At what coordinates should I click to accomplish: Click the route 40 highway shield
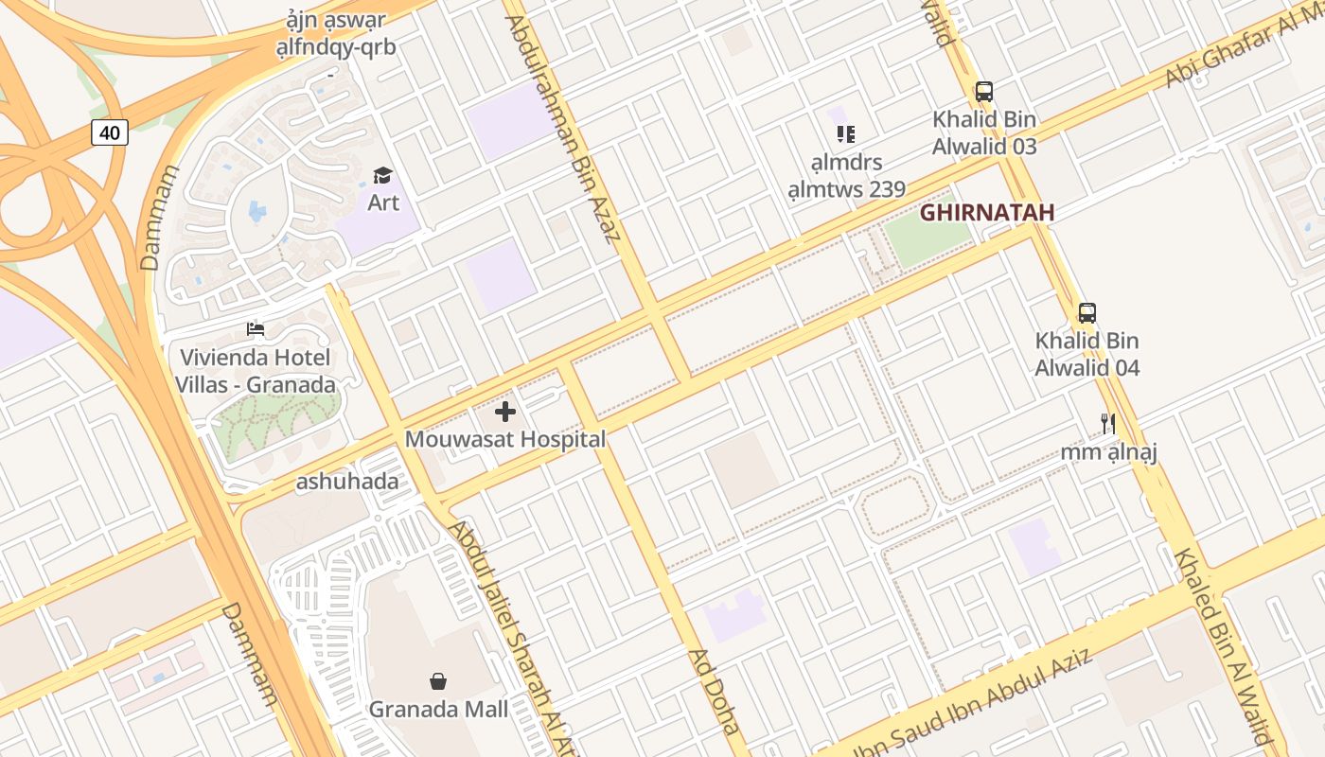coord(110,132)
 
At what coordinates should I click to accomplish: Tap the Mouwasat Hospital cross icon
coord(505,412)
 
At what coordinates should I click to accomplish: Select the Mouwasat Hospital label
coord(505,439)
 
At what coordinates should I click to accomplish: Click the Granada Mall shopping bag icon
coord(438,681)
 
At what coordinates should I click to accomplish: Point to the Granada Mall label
coord(438,709)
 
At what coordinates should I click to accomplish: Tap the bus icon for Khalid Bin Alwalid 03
coord(984,92)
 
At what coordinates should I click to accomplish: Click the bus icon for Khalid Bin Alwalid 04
coord(1086,313)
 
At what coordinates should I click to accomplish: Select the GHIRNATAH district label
coord(987,212)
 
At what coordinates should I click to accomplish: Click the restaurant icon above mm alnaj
coord(1108,423)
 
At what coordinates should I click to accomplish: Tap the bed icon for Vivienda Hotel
coord(256,329)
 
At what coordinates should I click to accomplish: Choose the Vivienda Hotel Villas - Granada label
coord(256,371)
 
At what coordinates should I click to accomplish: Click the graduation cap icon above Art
coord(382,175)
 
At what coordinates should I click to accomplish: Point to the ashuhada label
coord(347,482)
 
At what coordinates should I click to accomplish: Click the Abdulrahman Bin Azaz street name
coord(562,128)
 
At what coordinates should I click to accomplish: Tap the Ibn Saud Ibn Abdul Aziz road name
coord(975,700)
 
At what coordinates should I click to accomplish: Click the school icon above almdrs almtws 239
coord(846,134)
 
